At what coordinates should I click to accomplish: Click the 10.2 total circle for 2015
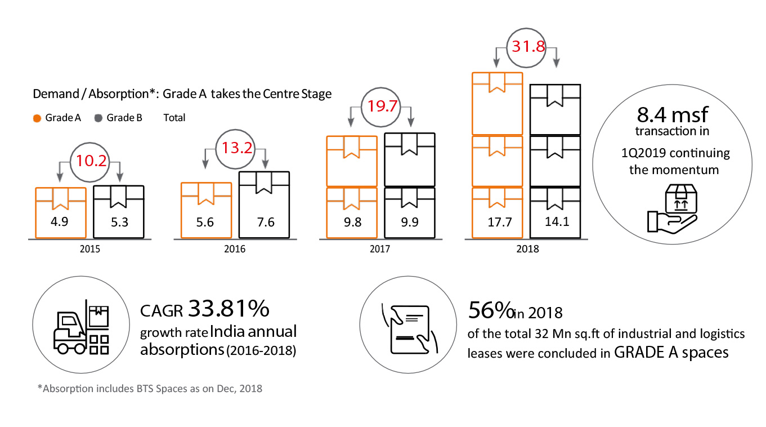90,161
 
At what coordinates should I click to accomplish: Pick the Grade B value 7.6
265,222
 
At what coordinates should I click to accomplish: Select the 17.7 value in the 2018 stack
498,222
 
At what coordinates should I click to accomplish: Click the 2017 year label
380,248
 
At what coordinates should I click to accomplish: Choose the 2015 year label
90,248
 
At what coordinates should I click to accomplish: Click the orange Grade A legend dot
37,118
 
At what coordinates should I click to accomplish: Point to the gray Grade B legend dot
98,118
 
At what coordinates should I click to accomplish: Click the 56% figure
491,309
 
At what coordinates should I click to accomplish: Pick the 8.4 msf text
672,115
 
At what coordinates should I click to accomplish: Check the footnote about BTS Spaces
150,389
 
